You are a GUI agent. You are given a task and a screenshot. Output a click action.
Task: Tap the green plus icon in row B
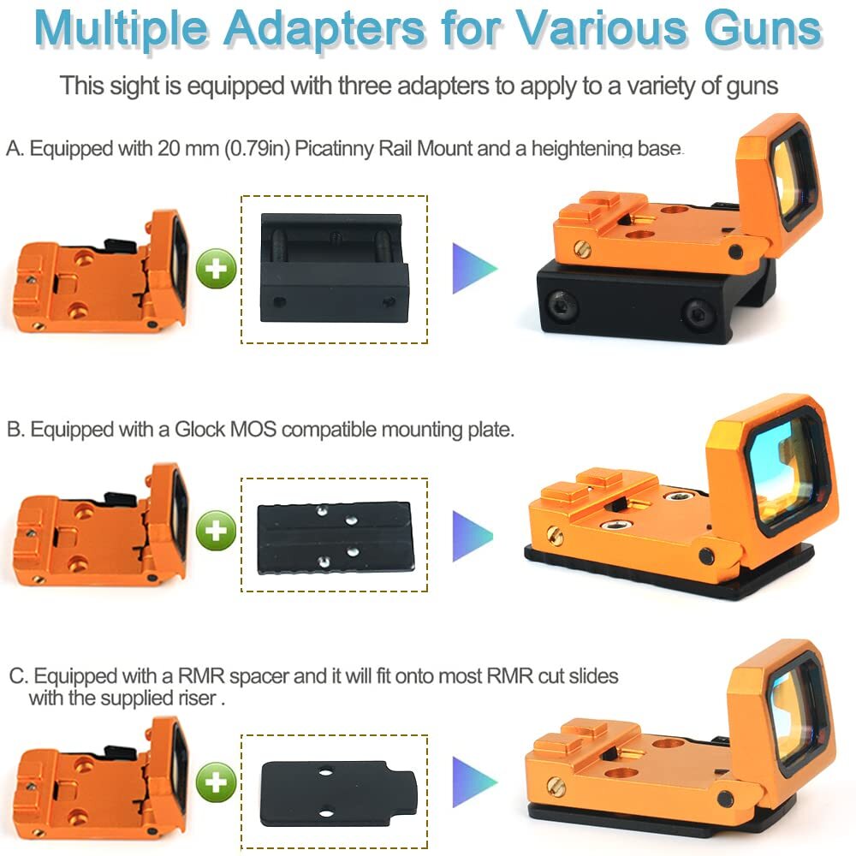point(217,531)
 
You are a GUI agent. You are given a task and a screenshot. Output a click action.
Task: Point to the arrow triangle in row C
point(474,780)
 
